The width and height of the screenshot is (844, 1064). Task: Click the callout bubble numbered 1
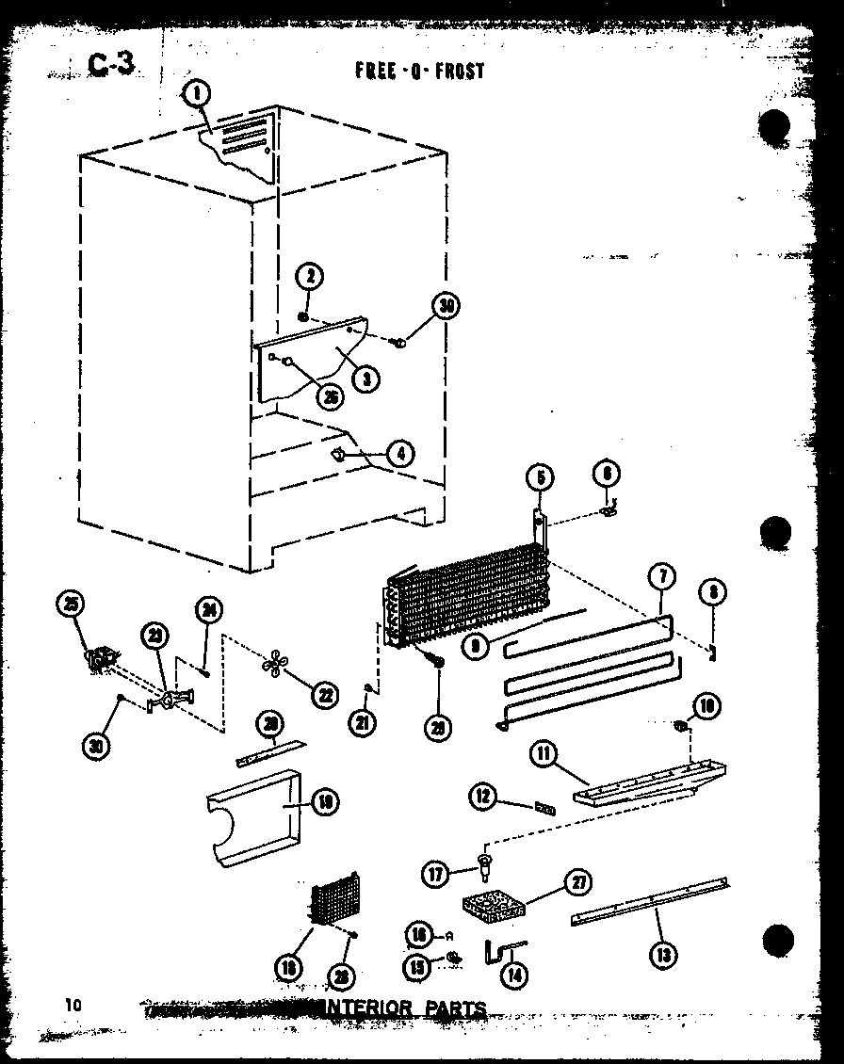[x=197, y=93]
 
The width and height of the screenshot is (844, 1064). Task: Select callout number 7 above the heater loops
[x=660, y=576]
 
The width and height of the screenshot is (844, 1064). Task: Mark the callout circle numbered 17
[x=436, y=874]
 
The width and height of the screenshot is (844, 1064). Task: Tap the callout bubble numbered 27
[x=576, y=882]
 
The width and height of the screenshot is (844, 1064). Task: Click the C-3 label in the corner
[x=112, y=64]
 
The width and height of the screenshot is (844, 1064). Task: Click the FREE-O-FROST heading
[x=420, y=71]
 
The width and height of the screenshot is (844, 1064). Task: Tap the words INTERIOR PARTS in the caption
[x=405, y=1008]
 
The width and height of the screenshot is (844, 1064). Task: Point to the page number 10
[x=73, y=1005]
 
